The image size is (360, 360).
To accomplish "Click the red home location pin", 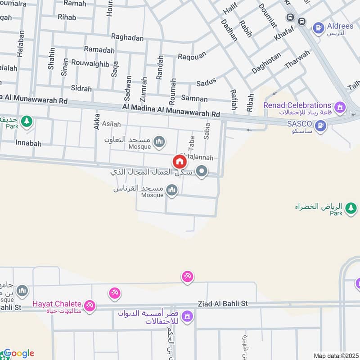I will click(x=179, y=162).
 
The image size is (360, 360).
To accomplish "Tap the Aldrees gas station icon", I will click(x=319, y=27).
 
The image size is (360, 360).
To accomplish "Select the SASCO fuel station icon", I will click(x=321, y=126).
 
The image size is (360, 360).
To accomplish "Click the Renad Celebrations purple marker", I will click(x=341, y=107).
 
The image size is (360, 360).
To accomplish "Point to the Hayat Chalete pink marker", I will click(x=90, y=306).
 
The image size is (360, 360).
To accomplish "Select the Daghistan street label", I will click(x=266, y=63).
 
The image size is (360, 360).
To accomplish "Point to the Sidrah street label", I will click(x=81, y=88).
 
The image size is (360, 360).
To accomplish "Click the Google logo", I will click(x=18, y=353).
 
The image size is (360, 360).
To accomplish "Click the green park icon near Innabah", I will click(x=27, y=121).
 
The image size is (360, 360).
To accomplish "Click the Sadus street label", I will click(x=206, y=82).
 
